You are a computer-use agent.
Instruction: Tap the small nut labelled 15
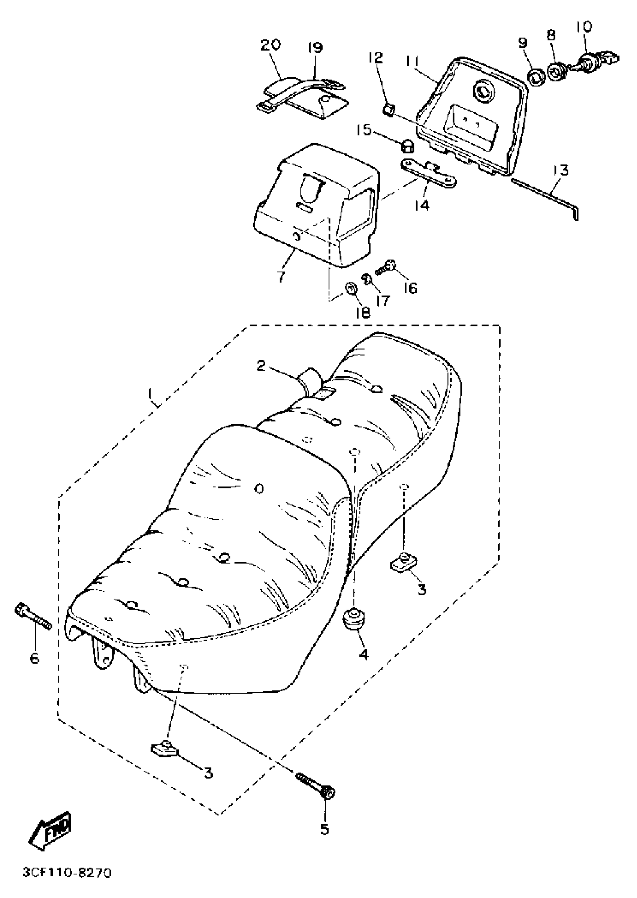click(x=407, y=146)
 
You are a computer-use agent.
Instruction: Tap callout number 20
click(x=271, y=44)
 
